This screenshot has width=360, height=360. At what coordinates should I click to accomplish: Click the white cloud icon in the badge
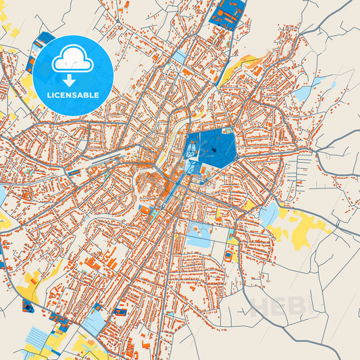73,59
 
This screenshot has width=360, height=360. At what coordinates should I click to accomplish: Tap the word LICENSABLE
73,95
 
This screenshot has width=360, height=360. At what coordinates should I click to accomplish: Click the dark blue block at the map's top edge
228,14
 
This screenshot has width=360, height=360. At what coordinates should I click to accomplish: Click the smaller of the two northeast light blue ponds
333,85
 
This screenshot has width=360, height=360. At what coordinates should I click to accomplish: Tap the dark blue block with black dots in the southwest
29,307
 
